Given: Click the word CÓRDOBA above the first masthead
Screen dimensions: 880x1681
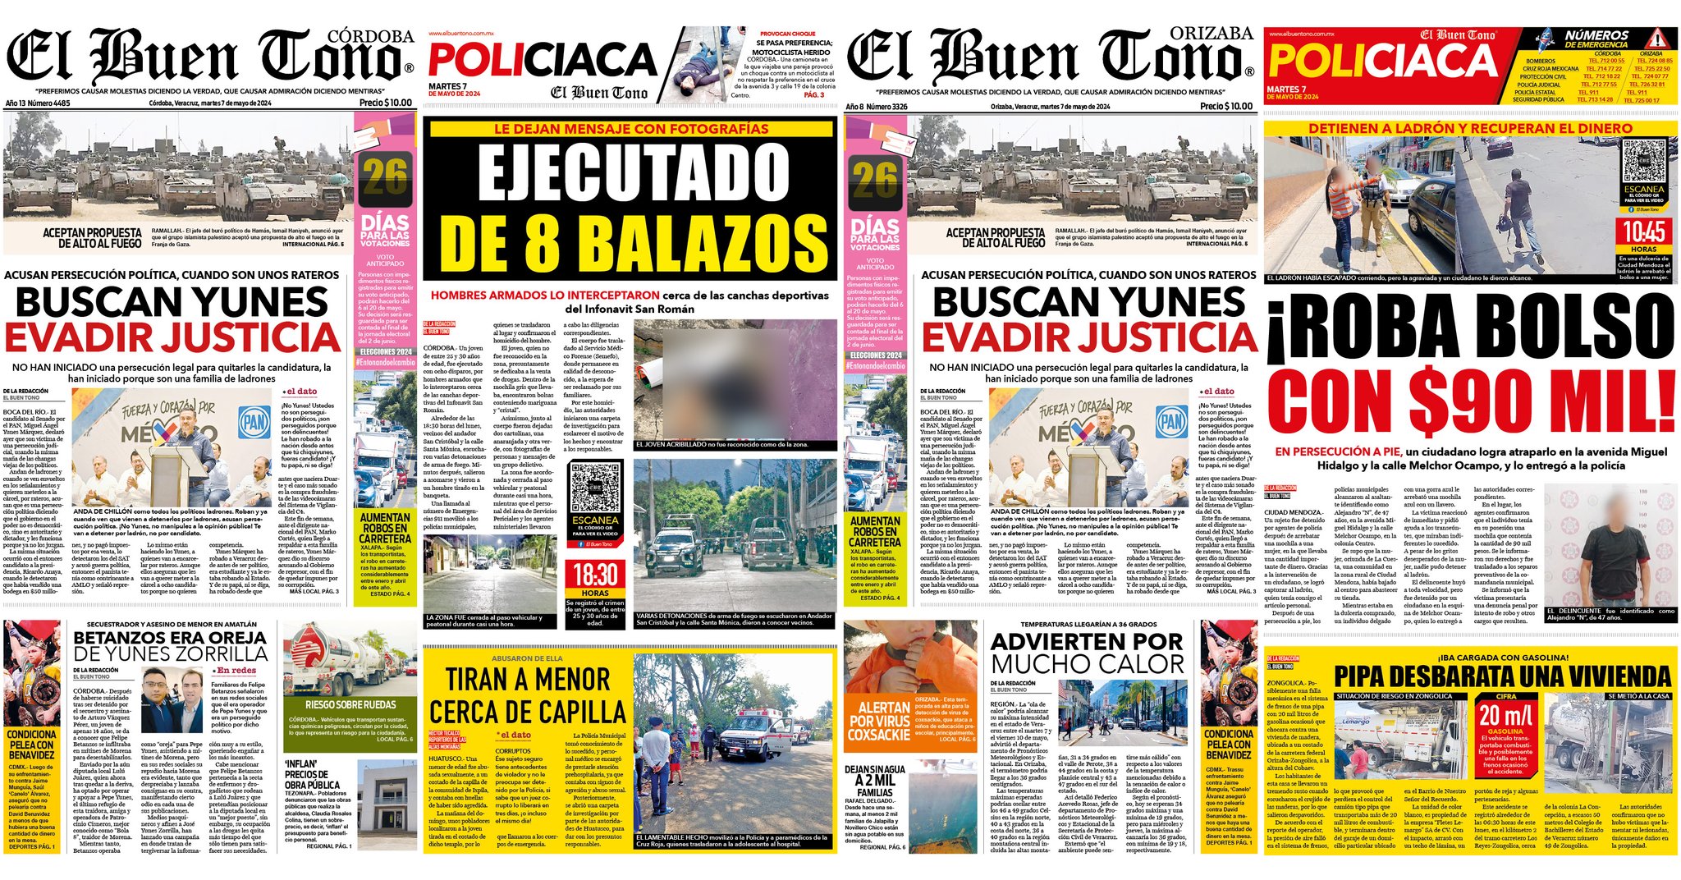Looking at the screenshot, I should pos(370,36).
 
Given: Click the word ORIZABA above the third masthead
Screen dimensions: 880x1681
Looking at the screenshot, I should pos(1211,34).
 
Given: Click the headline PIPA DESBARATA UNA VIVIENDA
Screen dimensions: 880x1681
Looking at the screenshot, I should pos(1501,676).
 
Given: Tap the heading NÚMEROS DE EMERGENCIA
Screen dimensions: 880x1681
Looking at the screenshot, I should pos(1596,39).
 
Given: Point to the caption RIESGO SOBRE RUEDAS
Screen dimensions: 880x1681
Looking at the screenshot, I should pos(350,704).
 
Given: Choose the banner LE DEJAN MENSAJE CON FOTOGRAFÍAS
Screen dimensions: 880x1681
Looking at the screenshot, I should pos(631,129).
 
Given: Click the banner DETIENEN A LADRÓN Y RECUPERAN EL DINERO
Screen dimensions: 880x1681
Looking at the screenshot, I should pos(1470,128).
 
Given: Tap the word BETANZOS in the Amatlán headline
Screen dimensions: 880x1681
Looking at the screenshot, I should pos(127,638).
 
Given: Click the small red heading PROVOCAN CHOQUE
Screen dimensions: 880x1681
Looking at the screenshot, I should pos(787,34).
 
